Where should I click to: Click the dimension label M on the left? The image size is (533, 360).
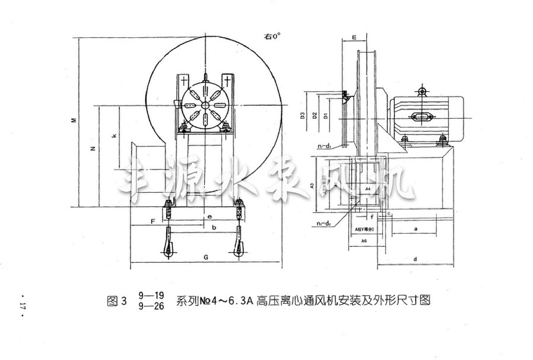coord(75,120)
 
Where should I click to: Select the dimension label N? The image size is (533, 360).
coord(92,149)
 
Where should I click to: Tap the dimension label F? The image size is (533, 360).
coord(152,220)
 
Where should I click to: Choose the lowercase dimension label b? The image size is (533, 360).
coord(215,227)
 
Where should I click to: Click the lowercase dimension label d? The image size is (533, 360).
coord(414,258)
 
